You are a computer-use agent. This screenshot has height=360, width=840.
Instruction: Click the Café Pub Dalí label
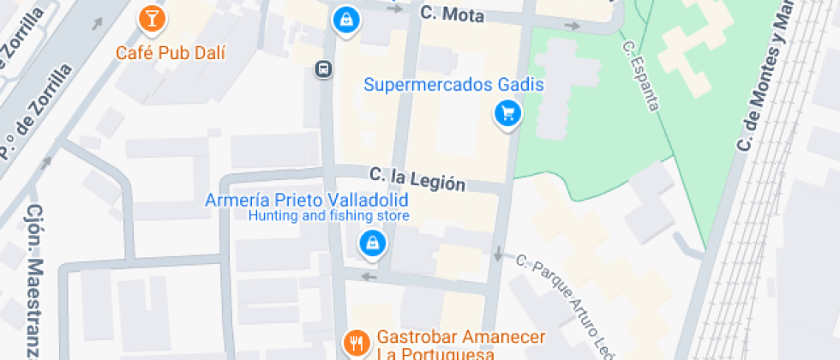pyautogui.click(x=171, y=52)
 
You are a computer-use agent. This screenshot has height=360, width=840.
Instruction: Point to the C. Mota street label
pyautogui.click(x=453, y=15)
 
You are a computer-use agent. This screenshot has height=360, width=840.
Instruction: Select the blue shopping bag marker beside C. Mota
pyautogui.click(x=345, y=19)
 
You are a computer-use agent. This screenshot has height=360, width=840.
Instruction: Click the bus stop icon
pyautogui.click(x=323, y=69)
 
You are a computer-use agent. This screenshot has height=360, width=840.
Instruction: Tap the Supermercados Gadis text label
pyautogui.click(x=454, y=85)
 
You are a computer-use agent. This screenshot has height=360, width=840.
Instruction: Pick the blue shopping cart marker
pyautogui.click(x=507, y=112)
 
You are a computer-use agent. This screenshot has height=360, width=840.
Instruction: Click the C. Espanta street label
pyautogui.click(x=641, y=75)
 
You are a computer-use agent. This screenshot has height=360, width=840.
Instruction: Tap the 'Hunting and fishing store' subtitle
pyautogui.click(x=328, y=216)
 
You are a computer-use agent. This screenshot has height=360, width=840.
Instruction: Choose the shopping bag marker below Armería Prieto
pyautogui.click(x=373, y=244)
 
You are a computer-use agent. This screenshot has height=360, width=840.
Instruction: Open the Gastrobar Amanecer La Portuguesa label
pyautogui.click(x=438, y=346)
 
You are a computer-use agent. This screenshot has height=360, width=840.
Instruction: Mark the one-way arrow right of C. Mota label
pyautogui.click(x=572, y=26)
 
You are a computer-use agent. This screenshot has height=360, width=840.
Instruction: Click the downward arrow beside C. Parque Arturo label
pyautogui.click(x=498, y=254)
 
